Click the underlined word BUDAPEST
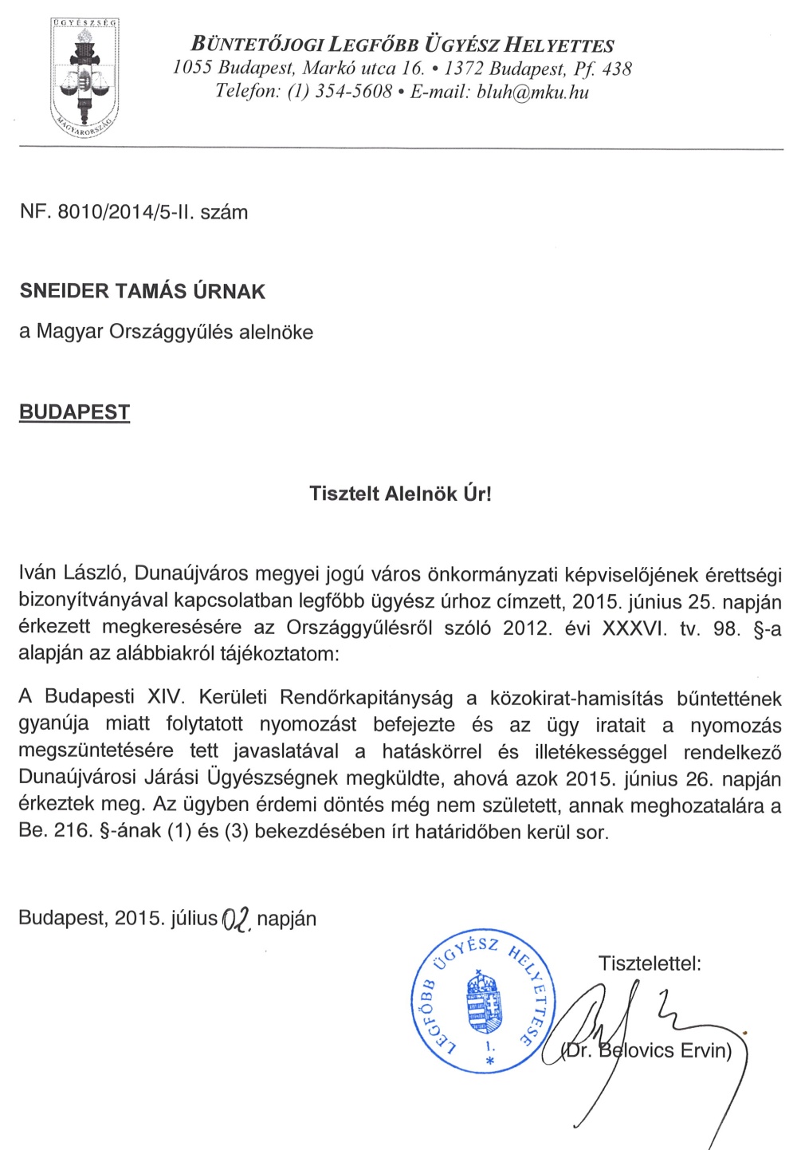74,412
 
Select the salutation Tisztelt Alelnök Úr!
400,493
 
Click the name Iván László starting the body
72,574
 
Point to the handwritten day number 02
237,920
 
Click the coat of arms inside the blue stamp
485,1002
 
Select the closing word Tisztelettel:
650,963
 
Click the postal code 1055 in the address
192,69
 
